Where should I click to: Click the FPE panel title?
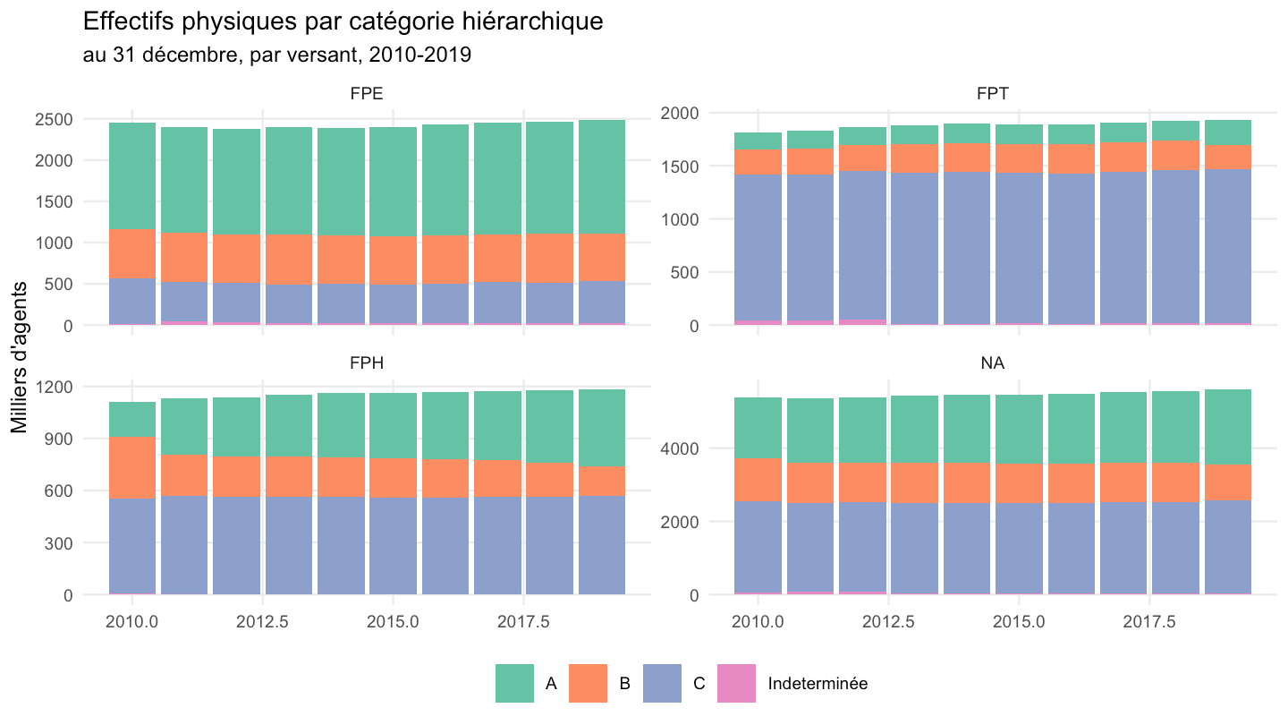point(367,93)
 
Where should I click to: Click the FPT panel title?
point(993,93)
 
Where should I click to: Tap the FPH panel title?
point(367,363)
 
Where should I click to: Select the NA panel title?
point(993,363)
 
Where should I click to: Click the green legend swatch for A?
point(514,683)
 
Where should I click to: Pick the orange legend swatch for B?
point(589,683)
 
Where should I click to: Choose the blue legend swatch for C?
point(663,683)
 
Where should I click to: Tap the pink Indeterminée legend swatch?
point(737,683)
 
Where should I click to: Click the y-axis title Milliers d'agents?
point(19,357)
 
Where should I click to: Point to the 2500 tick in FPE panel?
point(54,120)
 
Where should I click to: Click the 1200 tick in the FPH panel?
point(54,387)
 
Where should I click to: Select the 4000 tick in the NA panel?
point(680,448)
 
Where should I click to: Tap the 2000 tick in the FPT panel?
point(680,114)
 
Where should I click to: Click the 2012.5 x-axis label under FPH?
point(263,622)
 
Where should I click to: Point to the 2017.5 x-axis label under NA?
point(1149,622)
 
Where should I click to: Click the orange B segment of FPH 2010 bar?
point(132,468)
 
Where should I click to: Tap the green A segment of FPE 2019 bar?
point(602,176)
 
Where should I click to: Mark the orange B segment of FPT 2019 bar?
point(1228,158)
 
